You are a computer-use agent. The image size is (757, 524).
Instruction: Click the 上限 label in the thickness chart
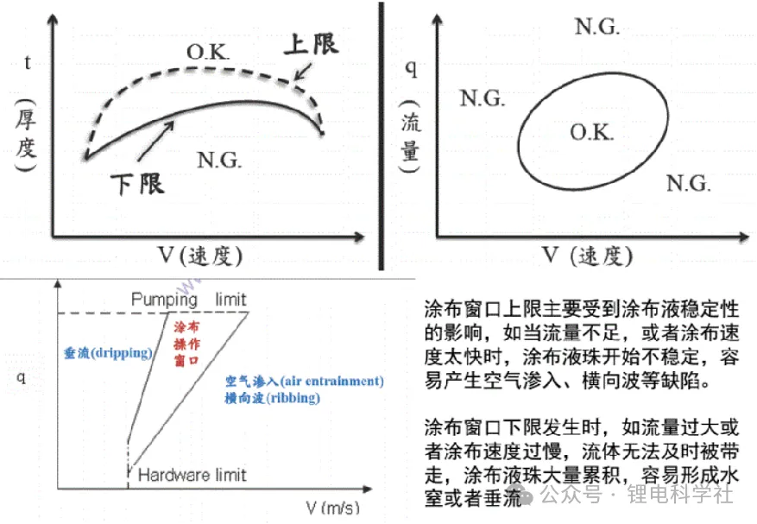pyautogui.click(x=312, y=44)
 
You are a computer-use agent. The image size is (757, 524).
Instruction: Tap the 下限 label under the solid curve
pyautogui.click(x=137, y=185)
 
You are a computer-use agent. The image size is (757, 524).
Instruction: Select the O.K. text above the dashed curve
pyautogui.click(x=208, y=52)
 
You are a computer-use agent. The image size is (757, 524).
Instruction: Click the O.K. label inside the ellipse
pyautogui.click(x=592, y=132)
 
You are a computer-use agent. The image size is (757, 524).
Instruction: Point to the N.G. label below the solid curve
pyautogui.click(x=219, y=160)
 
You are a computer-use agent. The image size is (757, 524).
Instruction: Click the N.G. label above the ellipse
pyautogui.click(x=597, y=26)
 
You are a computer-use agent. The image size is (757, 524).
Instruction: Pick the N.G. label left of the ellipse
pyautogui.click(x=483, y=98)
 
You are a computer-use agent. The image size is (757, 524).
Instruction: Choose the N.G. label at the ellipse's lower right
pyautogui.click(x=689, y=184)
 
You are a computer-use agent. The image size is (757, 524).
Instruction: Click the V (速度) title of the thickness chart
pyautogui.click(x=200, y=256)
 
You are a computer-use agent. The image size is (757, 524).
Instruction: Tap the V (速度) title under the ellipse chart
pyautogui.click(x=588, y=256)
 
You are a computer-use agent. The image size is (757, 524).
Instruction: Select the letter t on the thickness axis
pyautogui.click(x=28, y=63)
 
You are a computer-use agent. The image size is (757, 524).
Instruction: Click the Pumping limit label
pyautogui.click(x=189, y=300)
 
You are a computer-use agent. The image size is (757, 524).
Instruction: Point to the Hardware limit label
pyautogui.click(x=192, y=475)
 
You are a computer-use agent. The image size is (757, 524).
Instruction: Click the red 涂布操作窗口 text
pyautogui.click(x=186, y=344)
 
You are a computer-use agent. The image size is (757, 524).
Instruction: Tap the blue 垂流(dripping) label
pyautogui.click(x=108, y=353)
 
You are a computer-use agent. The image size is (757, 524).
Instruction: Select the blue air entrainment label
pyautogui.click(x=305, y=381)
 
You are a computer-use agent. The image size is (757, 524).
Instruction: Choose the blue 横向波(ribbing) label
pyautogui.click(x=273, y=398)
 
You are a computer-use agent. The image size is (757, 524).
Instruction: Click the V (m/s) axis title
pyautogui.click(x=333, y=508)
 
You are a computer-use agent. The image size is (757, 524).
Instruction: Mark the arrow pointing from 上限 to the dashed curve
pyautogui.click(x=302, y=72)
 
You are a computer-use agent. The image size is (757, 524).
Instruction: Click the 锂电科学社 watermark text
pyautogui.click(x=680, y=495)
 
